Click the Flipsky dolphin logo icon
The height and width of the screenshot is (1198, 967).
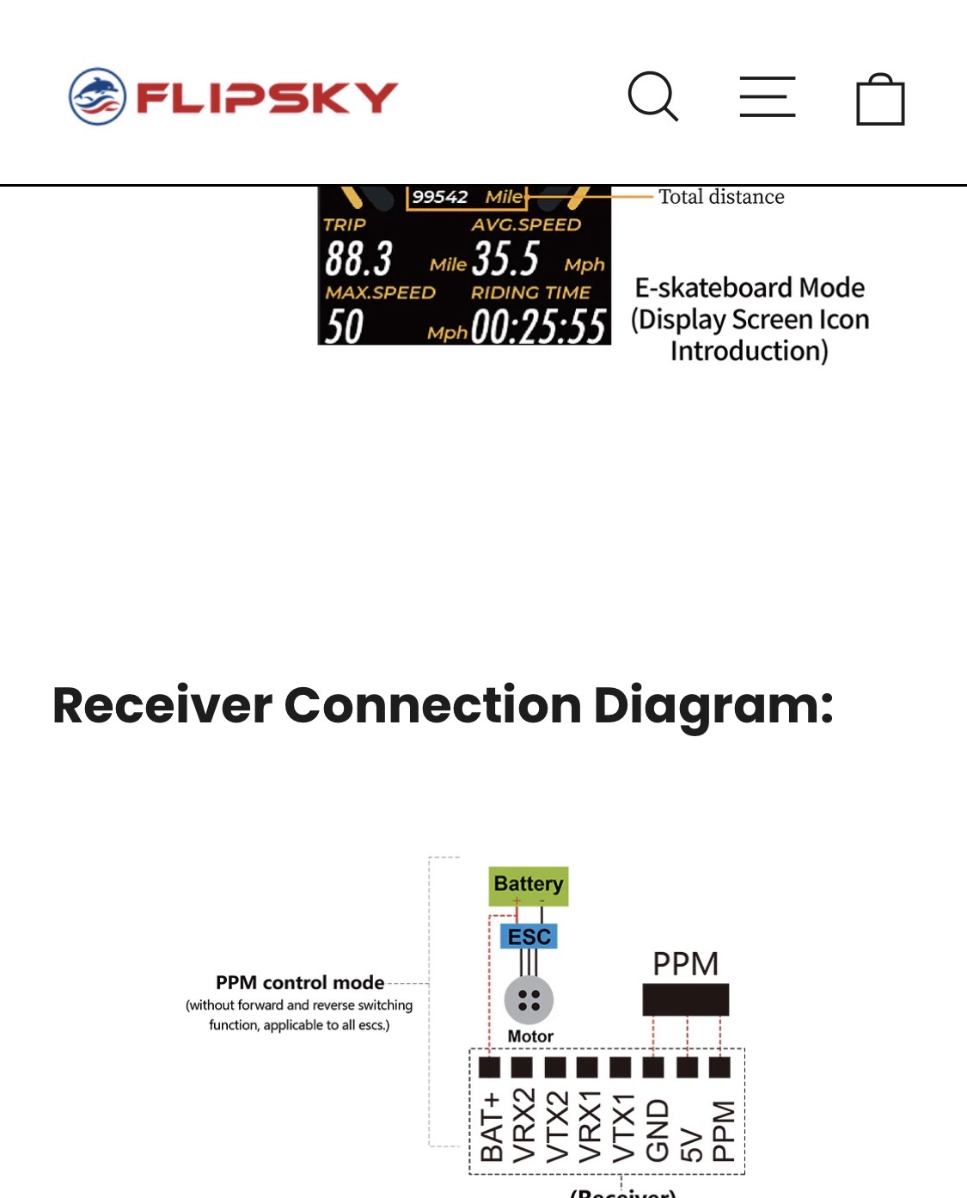point(97,96)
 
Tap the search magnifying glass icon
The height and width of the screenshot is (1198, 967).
point(652,96)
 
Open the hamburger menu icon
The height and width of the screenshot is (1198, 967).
point(768,96)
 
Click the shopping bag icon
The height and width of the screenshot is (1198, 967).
point(880,99)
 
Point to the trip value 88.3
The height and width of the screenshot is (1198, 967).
point(358,259)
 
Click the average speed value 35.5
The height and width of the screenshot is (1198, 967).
point(506,258)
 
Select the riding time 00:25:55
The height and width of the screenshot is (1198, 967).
point(539,326)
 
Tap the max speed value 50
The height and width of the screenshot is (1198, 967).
point(344,326)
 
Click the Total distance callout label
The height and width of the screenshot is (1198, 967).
point(721,197)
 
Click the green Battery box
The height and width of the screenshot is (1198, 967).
point(529,887)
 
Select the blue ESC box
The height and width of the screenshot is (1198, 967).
point(529,937)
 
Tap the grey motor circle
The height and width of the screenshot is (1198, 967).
point(529,1000)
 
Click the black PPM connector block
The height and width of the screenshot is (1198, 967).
point(686,999)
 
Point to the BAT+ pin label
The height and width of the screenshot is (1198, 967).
point(492,1127)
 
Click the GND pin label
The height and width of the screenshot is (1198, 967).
point(657,1131)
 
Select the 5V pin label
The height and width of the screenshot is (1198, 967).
point(691,1146)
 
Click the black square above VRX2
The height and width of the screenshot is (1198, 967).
point(522,1067)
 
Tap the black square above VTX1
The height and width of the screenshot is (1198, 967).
point(620,1067)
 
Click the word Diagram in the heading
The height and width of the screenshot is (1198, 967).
point(713,707)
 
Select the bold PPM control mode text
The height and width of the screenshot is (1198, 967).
point(300,983)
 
